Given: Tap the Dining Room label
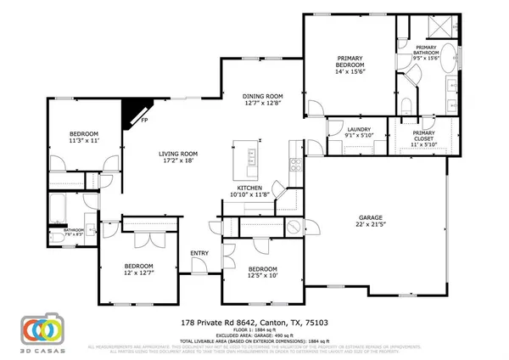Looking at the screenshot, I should pos(263,97).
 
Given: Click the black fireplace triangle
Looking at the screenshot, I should pos(133,111).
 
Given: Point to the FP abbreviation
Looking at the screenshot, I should pos(145,121).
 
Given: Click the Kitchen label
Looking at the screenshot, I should pos(249,187).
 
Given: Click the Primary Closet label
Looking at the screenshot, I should pos(422,134).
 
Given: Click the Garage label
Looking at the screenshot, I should pos(371,218).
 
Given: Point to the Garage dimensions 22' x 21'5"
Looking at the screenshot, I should pos(371,226).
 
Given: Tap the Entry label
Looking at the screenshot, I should pos(200,253).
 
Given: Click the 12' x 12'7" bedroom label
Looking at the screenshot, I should pos(139,269).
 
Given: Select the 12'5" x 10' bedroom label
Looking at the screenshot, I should pos(263,271).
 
